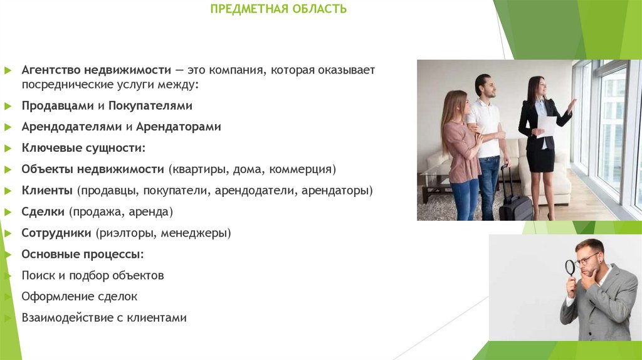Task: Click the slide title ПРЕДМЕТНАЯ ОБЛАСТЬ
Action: point(278,9)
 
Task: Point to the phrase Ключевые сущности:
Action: point(83,148)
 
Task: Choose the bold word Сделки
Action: point(43,211)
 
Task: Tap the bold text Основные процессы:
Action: point(83,254)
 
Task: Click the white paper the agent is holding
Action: point(547,125)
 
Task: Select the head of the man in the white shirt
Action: point(483,85)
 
